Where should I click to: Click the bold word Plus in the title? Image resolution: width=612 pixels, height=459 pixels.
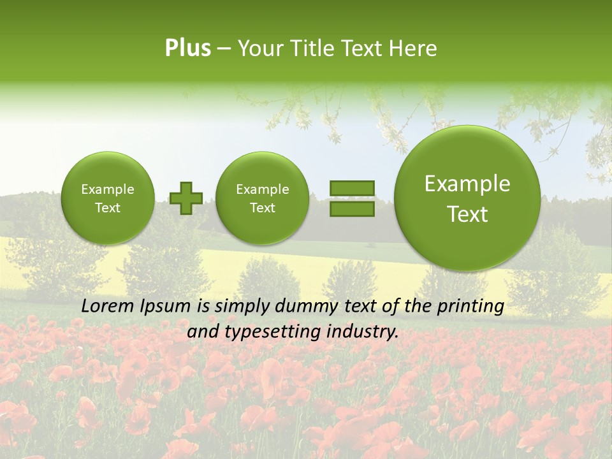187,48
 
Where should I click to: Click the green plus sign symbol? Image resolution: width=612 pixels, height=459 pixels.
186,198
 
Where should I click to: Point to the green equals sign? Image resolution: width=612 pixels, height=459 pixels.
352,198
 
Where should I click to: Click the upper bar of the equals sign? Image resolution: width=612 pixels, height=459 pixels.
352,188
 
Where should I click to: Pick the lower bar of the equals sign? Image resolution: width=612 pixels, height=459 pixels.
352,208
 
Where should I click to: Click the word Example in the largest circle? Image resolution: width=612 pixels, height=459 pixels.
467,184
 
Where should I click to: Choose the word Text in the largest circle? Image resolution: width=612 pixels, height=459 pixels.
467,215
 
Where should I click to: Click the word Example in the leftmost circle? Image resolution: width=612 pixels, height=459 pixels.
108,189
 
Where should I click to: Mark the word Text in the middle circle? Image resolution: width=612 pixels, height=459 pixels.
262,208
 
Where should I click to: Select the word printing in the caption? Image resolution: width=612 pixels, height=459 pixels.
472,306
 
